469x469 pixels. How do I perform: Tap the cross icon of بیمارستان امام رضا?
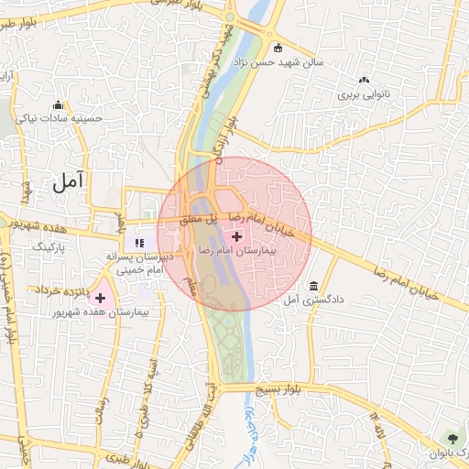[x=235, y=236]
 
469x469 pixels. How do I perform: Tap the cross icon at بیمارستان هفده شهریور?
[x=100, y=298]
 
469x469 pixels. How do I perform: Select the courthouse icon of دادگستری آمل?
[x=314, y=285]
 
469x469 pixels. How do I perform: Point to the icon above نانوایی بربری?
[x=365, y=81]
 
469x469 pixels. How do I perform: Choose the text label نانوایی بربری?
[x=365, y=94]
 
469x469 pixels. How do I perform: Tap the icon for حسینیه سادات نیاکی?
[x=59, y=104]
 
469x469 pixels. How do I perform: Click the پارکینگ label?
[x=50, y=246]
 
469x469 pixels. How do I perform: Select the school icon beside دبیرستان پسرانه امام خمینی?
[x=139, y=243]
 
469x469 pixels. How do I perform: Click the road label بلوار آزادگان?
[x=224, y=137]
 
